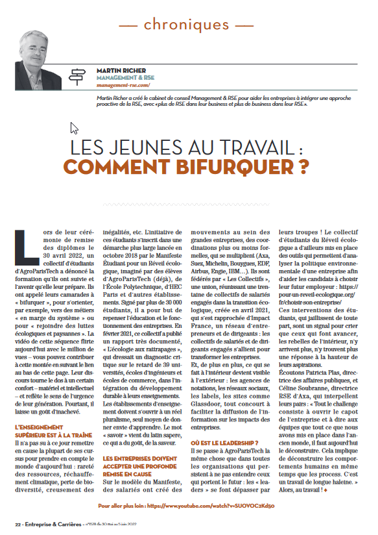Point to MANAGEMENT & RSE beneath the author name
point(121,77)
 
